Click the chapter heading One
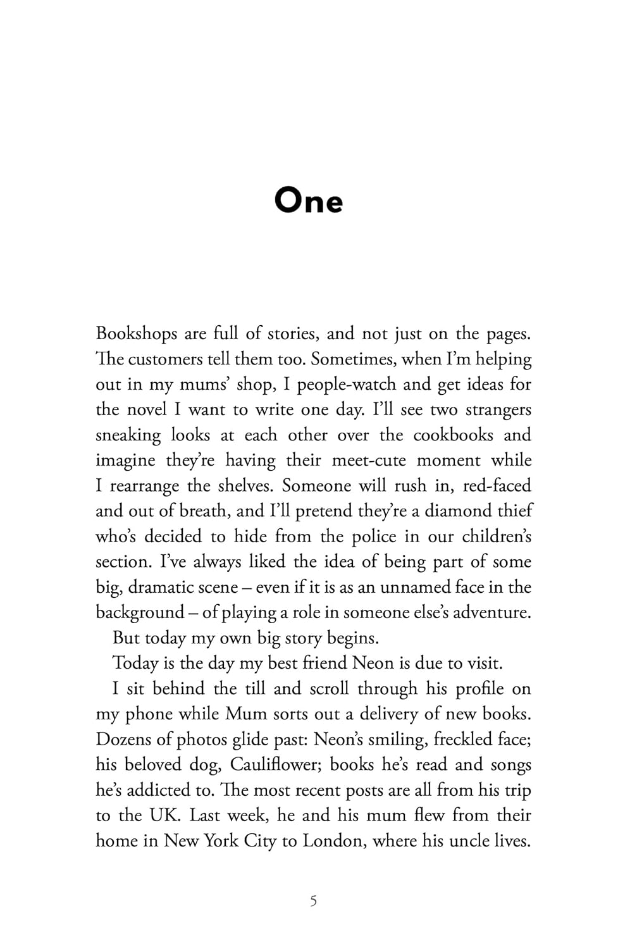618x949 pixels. pos(308,201)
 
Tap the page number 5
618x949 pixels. pos(314,900)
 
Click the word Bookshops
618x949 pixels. pos(136,334)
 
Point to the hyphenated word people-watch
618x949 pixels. pos(346,385)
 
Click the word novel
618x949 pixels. pos(147,410)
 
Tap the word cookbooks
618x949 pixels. pos(453,435)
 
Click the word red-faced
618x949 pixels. pos(497,486)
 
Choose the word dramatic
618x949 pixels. pos(160,587)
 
